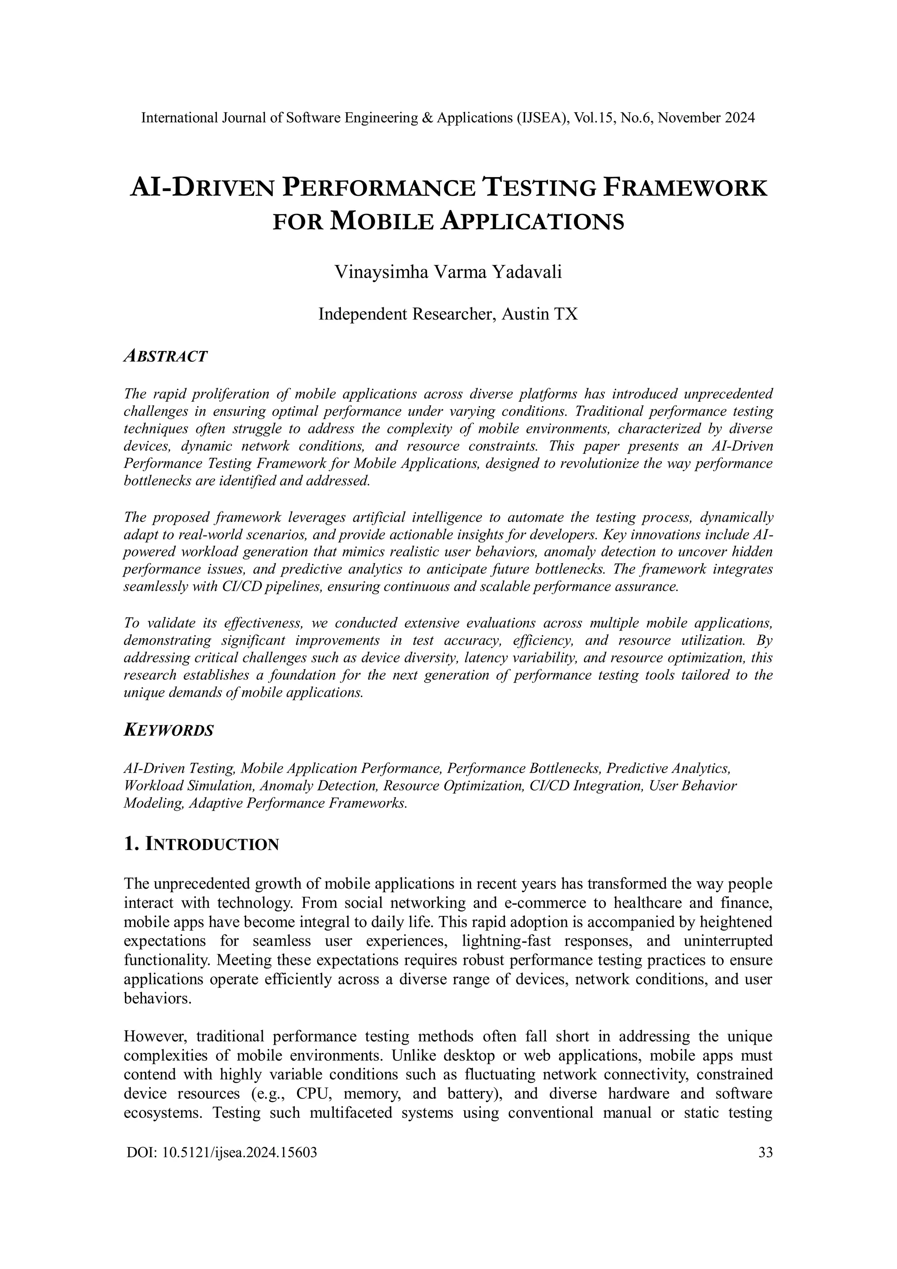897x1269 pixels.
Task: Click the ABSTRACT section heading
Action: (165, 357)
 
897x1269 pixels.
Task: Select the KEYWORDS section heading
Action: (169, 730)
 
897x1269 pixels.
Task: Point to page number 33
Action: (766, 1152)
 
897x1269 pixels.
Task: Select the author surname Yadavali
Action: (527, 273)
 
